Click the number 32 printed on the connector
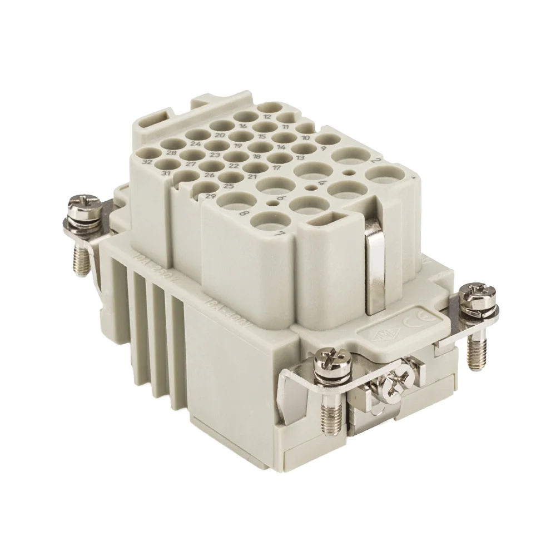147,162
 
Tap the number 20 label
220,135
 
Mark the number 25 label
228,186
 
